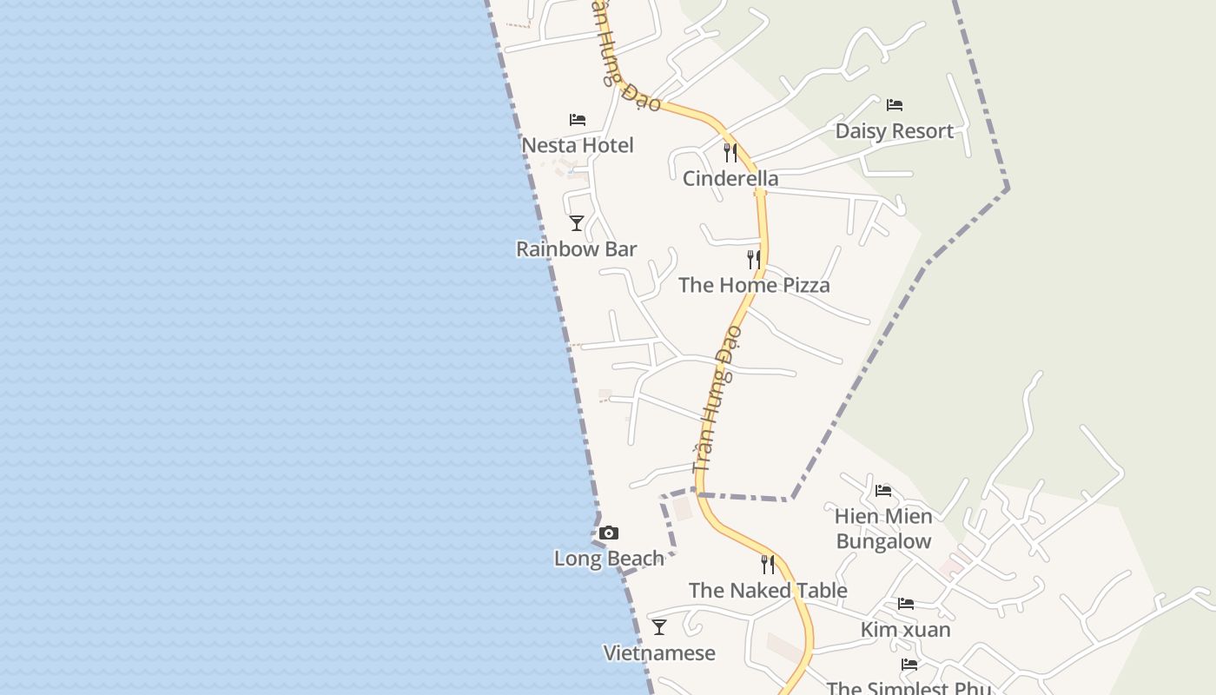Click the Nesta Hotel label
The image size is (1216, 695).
578,145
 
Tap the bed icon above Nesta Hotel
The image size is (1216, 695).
578,119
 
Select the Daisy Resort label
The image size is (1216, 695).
894,131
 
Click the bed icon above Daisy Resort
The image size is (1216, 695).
895,105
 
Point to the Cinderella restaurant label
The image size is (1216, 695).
730,179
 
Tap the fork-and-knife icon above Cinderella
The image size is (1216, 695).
730,153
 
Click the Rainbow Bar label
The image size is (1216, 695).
577,249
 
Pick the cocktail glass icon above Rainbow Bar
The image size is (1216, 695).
577,223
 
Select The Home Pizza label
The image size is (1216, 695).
754,285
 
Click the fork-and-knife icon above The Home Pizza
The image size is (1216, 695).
754,259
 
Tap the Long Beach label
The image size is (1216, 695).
609,559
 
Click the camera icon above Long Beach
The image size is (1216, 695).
609,533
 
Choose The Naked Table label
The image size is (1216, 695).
768,591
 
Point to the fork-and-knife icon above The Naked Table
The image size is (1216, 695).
768,565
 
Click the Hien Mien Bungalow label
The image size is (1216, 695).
883,528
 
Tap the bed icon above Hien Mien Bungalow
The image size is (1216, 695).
883,490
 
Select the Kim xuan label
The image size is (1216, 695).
906,629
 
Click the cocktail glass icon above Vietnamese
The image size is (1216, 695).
659,627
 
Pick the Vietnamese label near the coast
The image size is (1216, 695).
659,653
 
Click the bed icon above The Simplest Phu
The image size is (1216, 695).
909,665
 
